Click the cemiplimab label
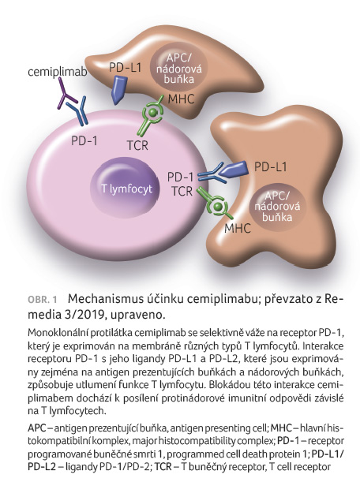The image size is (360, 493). [58, 72]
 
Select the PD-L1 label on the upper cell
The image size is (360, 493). [126, 68]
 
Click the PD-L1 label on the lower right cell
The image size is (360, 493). [271, 167]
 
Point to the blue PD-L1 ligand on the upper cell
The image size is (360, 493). [119, 89]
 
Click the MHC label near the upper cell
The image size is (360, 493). [181, 99]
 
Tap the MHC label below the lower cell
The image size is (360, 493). [238, 228]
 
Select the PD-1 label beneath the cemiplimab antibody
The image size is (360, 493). [84, 140]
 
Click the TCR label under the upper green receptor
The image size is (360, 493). [137, 146]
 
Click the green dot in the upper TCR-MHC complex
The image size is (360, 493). [152, 112]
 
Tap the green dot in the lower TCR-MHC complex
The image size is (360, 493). [217, 206]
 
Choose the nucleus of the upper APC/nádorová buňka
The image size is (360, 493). [178, 68]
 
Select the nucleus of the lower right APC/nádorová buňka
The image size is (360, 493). [277, 206]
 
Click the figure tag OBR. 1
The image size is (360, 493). [43, 299]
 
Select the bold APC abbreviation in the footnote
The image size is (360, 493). [36, 428]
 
